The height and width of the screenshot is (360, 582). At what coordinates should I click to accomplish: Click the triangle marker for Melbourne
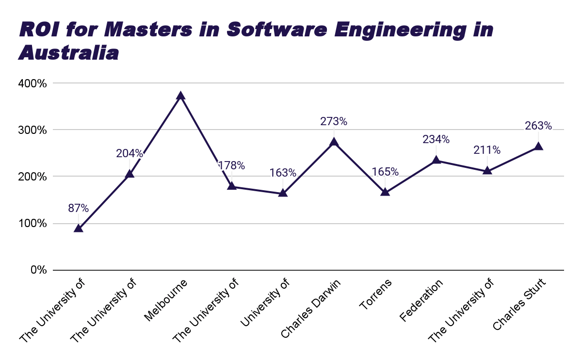click(x=180, y=96)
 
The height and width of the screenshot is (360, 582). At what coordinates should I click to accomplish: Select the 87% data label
click(x=79, y=208)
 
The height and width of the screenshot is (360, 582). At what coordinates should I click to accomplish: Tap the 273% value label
click(x=334, y=121)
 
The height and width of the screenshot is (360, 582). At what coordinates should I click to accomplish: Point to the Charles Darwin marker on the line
click(x=334, y=142)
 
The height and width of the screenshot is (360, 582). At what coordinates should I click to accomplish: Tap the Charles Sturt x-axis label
click(x=519, y=304)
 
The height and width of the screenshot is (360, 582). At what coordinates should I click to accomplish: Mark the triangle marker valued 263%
click(x=538, y=147)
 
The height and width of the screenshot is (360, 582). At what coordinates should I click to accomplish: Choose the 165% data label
click(x=385, y=172)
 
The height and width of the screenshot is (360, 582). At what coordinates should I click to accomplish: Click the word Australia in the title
click(x=68, y=53)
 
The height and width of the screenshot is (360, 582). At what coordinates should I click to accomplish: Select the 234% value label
click(x=436, y=139)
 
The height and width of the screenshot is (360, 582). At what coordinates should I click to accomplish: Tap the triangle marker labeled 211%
click(x=487, y=171)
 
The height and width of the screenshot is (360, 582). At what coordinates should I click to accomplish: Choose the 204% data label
click(x=129, y=153)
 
